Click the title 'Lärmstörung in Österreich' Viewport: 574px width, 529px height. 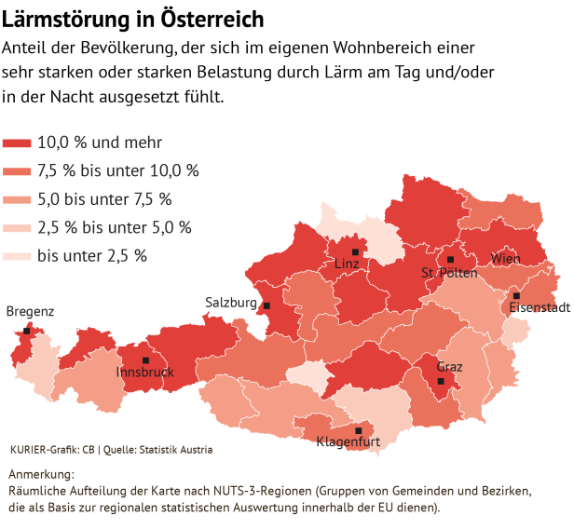coord(133,20)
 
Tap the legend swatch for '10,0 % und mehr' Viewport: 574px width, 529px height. coord(18,142)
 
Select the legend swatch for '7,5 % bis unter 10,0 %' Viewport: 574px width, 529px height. coord(18,170)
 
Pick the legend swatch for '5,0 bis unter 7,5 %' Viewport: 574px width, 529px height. coord(18,198)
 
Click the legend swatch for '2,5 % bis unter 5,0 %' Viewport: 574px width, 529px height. coord(18,226)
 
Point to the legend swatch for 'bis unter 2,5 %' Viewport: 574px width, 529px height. coord(18,255)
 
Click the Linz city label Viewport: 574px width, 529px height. coord(346,265)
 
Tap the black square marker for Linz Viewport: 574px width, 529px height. coord(355,252)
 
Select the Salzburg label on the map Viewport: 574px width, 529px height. coord(230,303)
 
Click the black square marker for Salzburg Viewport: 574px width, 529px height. coord(266,305)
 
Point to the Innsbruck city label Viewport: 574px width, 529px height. coord(144,373)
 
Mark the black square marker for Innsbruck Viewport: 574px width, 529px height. coord(145,360)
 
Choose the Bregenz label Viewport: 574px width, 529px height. coord(30,312)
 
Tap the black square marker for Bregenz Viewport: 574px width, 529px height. coord(27,331)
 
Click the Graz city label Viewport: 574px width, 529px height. coord(449,367)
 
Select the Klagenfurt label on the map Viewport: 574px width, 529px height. coord(348,441)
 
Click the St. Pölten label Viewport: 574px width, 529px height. coord(449,274)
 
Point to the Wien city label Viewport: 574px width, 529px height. coord(505,258)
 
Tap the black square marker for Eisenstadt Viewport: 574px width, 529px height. coord(516,295)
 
